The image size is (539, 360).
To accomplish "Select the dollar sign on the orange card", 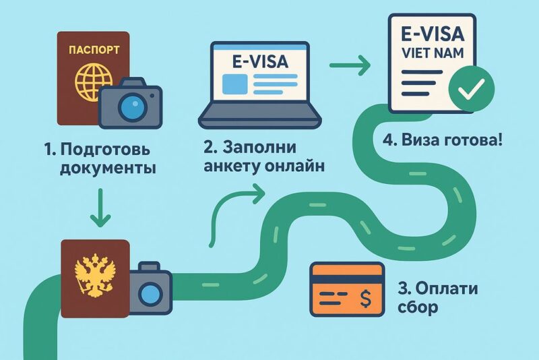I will click(x=367, y=297).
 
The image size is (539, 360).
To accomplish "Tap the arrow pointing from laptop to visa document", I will click(x=351, y=67).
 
